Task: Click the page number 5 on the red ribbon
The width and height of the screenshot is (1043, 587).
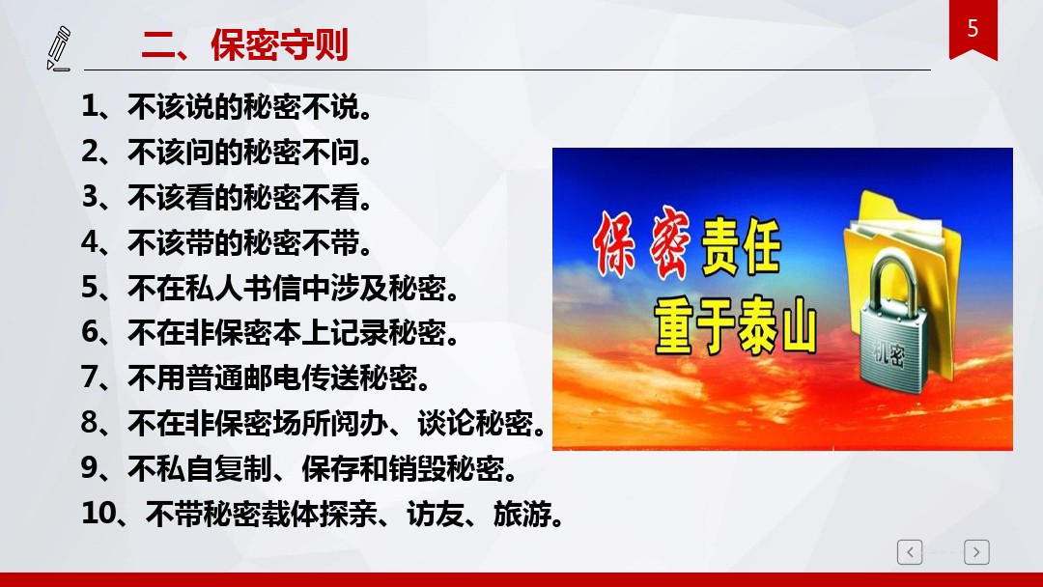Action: (x=973, y=29)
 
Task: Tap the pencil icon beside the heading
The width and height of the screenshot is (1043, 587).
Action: (x=59, y=48)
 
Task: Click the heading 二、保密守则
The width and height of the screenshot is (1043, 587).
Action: (x=244, y=45)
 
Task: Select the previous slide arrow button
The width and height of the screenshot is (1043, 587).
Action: (x=910, y=552)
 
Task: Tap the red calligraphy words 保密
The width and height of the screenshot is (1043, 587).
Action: (x=640, y=243)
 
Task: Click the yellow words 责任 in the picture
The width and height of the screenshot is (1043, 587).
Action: (x=741, y=246)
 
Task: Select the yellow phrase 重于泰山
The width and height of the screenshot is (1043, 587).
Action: (x=735, y=327)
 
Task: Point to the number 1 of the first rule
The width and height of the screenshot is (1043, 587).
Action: (x=90, y=106)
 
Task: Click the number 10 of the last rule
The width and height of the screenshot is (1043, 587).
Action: (x=98, y=514)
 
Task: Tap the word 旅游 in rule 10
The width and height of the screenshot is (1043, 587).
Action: (x=521, y=514)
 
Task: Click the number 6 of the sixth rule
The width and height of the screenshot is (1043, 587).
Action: (x=90, y=332)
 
